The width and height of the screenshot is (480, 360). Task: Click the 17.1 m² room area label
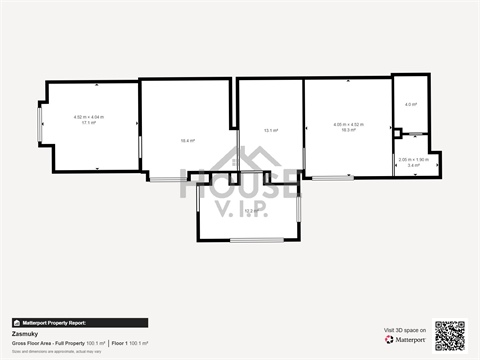coord(88,123)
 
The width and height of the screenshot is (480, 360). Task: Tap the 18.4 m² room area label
coord(187,141)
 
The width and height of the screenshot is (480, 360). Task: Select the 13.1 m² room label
coord(270,130)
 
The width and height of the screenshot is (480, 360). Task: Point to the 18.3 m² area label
coord(348,130)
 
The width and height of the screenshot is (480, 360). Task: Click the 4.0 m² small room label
coord(410,104)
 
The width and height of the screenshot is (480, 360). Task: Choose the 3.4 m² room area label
coord(413,165)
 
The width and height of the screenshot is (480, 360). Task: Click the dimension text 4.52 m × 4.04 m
coord(88,117)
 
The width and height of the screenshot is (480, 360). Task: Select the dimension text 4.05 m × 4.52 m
coord(348,124)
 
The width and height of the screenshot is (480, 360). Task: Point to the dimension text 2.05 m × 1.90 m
coord(413,159)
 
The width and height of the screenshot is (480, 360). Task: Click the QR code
coord(449,335)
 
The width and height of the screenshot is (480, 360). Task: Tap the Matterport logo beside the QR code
coord(405,340)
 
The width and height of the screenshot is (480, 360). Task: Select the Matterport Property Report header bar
coord(80,323)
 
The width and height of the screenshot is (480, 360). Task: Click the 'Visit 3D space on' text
coord(405,329)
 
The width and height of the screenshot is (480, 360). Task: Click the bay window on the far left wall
coord(39,124)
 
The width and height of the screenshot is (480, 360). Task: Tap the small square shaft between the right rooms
coord(397,133)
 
